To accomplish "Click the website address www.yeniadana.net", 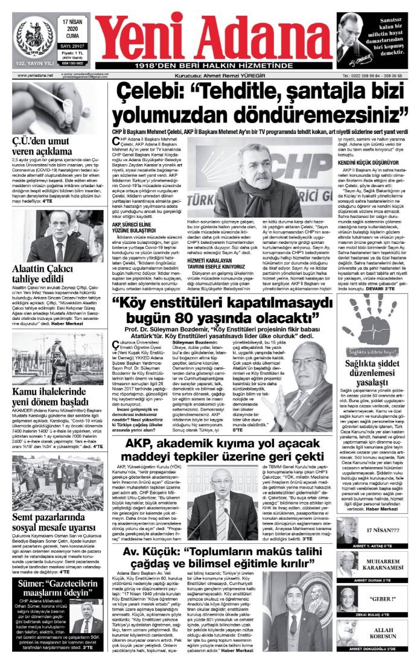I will click(x=35, y=75).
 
